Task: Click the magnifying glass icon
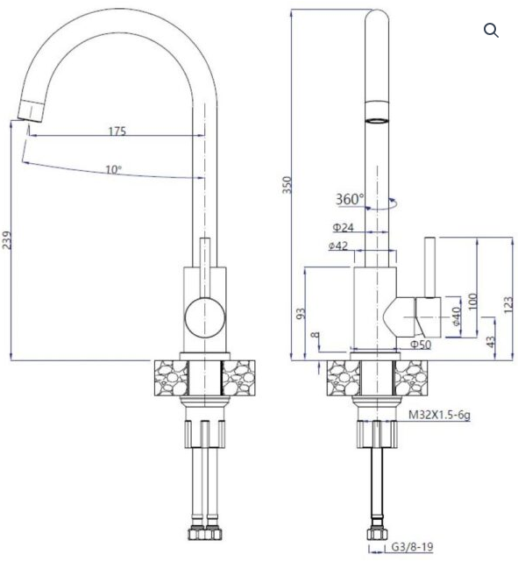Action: [x=491, y=30]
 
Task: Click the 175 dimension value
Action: [x=117, y=131]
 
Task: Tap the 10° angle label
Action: [x=114, y=169]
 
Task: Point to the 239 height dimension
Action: [x=6, y=240]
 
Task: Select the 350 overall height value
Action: [x=287, y=185]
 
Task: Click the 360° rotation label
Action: [x=350, y=199]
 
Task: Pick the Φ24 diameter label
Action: [x=344, y=228]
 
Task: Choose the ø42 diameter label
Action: [x=338, y=246]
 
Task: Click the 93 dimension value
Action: [x=302, y=314]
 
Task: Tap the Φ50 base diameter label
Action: [x=421, y=345]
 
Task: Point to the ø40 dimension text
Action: [x=457, y=317]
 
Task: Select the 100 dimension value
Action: [x=472, y=302]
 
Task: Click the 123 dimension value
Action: [x=508, y=304]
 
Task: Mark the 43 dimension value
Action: [x=491, y=342]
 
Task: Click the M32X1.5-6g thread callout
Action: [x=439, y=415]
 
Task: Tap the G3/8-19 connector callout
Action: [x=413, y=547]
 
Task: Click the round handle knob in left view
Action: [x=205, y=318]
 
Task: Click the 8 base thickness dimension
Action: [x=316, y=335]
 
